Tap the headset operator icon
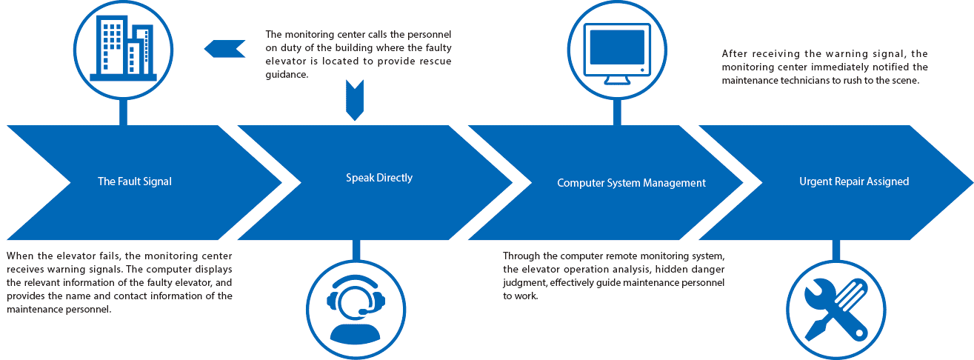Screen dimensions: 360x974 click(x=356, y=309)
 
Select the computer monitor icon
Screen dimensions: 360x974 click(x=616, y=48)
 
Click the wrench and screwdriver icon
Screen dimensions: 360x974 click(x=835, y=309)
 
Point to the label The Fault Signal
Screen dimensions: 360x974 click(x=135, y=181)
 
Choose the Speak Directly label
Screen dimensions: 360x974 click(x=379, y=178)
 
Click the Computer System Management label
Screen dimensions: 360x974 click(x=631, y=183)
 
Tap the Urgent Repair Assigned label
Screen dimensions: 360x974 click(x=853, y=181)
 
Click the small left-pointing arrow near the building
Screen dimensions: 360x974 click(x=224, y=49)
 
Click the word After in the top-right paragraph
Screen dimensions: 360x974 click(x=733, y=54)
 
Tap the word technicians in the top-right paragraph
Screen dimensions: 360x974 click(x=811, y=81)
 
